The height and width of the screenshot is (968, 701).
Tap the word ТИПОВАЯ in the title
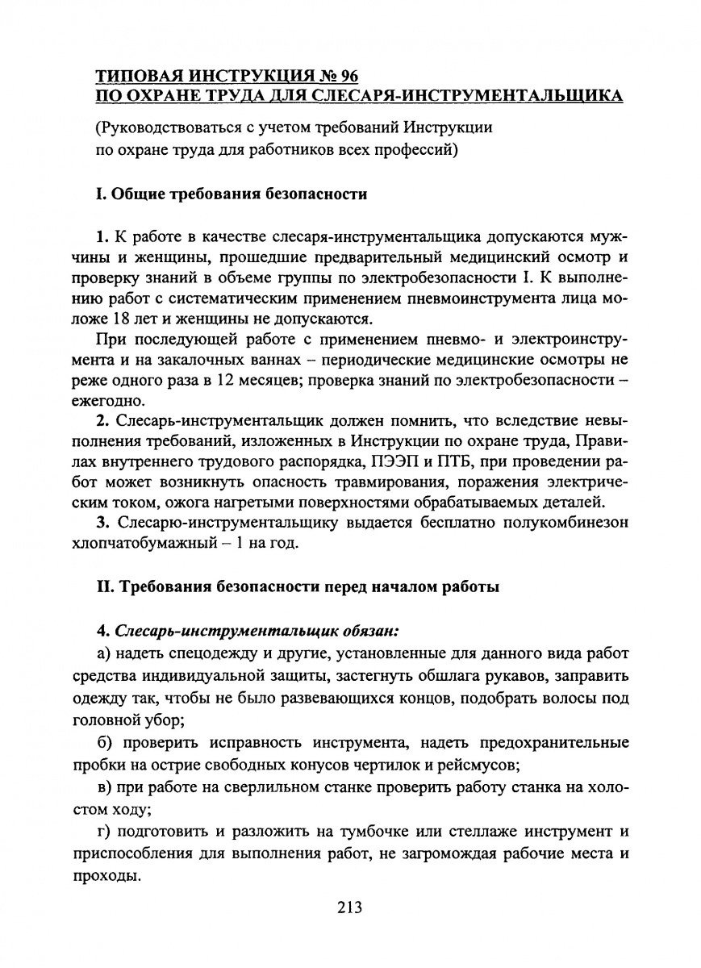click(x=140, y=77)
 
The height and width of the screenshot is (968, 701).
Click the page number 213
click(x=349, y=907)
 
